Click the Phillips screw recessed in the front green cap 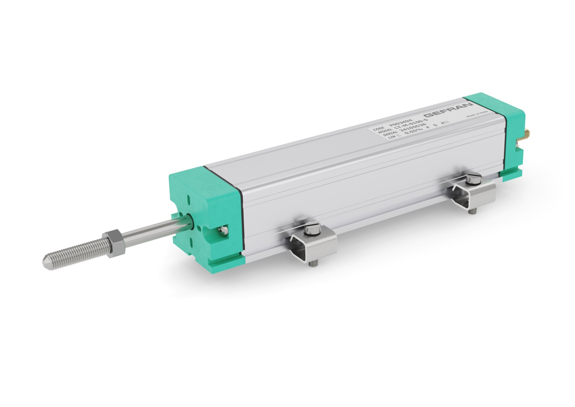click(x=223, y=230)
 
